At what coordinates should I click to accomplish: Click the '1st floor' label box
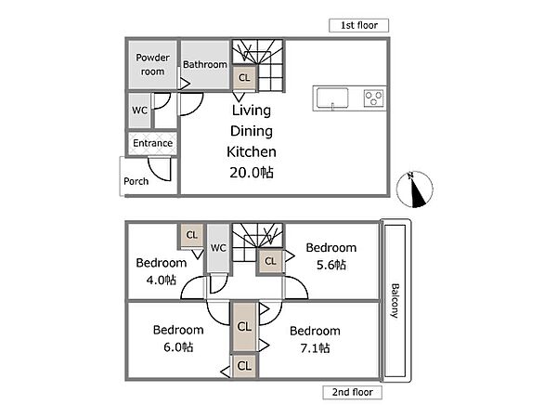358,25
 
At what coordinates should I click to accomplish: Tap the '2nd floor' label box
353,392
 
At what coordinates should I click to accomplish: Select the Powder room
153,65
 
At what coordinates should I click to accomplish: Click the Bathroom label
205,64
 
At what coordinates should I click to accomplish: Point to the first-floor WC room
139,111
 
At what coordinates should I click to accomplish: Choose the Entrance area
153,143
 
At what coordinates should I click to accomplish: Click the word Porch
136,181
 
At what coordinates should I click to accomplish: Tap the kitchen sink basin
332,98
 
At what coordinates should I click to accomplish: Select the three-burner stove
374,98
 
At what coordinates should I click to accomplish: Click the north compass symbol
415,189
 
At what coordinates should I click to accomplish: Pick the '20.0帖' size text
252,173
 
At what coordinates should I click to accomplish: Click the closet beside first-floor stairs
244,77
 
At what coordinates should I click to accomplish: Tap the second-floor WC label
218,248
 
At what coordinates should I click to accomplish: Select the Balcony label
395,301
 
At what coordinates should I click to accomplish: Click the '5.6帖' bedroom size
331,265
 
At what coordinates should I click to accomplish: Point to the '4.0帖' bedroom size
162,281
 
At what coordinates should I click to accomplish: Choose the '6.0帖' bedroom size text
178,346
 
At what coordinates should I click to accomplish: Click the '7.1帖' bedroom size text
315,348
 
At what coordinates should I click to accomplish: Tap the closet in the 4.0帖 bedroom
192,235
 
